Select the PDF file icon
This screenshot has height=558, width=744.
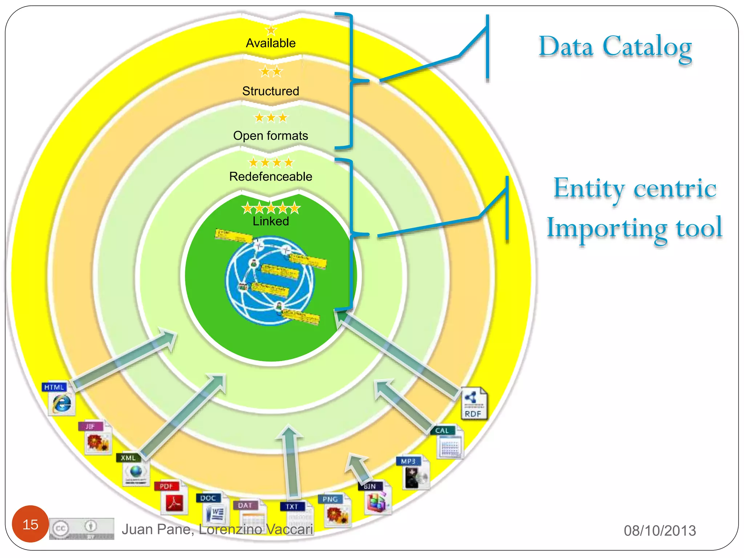click(173, 498)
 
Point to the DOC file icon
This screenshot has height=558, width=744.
click(214, 510)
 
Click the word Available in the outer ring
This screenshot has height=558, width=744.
click(271, 43)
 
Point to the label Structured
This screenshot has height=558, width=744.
click(271, 91)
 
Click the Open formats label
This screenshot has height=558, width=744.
click(271, 136)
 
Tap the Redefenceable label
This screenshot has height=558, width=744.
click(271, 177)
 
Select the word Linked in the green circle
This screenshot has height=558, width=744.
click(271, 221)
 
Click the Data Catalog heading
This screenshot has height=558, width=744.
click(615, 48)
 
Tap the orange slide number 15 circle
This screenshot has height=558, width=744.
click(30, 524)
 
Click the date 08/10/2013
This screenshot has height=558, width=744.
click(660, 531)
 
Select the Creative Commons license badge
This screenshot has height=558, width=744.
click(82, 529)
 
